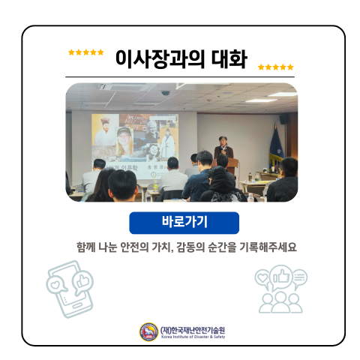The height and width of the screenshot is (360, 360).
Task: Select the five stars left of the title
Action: [85, 52]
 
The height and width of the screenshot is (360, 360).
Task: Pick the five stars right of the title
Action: [275, 67]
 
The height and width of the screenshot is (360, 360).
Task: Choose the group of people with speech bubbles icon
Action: [280, 289]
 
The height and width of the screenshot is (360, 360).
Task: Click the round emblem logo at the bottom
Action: [148, 331]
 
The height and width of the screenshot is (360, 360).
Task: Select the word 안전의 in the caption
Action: [155, 247]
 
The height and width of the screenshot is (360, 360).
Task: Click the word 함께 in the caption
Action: [87, 247]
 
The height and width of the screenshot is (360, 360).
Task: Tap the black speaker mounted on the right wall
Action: [284, 118]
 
